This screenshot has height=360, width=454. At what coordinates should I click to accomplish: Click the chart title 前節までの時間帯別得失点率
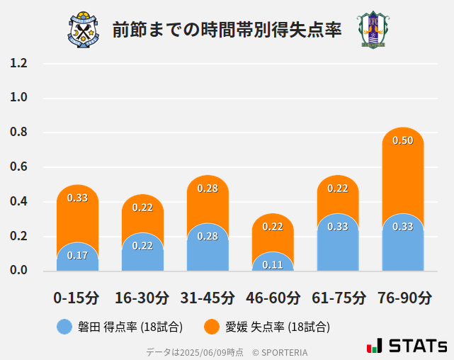227,30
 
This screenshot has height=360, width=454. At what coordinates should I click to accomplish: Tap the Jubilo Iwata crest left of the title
84,30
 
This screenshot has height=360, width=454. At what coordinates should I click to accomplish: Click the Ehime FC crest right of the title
372,30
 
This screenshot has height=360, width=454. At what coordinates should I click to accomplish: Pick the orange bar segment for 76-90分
402,177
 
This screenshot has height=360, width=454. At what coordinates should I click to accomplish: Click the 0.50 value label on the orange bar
402,140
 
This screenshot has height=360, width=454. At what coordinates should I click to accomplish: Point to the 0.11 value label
273,264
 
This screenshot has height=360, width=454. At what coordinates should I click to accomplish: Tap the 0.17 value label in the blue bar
77,255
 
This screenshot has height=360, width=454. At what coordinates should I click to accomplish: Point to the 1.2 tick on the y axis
18,63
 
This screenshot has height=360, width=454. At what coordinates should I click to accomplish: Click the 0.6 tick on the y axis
18,167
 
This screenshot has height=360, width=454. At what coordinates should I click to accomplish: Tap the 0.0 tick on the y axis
18,271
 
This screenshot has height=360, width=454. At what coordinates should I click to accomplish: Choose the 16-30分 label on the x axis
142,298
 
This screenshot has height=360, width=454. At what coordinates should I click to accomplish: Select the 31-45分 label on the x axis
208,298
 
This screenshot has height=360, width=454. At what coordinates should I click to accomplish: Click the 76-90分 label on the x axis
404,298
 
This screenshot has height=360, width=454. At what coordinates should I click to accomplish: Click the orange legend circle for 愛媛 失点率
212,327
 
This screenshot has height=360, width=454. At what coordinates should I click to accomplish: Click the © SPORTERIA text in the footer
280,351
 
